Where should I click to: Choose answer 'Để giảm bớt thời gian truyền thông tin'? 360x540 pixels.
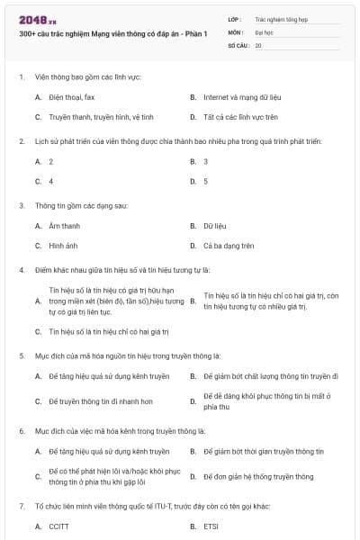pyautogui.click(x=257, y=451)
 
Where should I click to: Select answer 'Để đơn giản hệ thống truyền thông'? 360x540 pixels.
pyautogui.click(x=258, y=476)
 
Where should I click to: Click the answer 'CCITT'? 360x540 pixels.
pyautogui.click(x=59, y=526)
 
